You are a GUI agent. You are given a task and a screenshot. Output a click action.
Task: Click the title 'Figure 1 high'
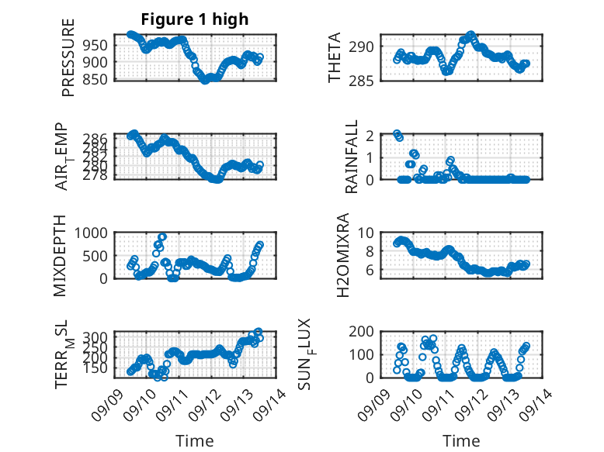[x=195, y=19]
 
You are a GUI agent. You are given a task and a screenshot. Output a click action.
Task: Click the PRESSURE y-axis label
[x=68, y=57]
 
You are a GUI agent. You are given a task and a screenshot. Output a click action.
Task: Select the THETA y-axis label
[x=335, y=57]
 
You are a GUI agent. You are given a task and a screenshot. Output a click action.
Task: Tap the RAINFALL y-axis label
[x=352, y=157]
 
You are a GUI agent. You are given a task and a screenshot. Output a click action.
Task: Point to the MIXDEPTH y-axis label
[x=60, y=256]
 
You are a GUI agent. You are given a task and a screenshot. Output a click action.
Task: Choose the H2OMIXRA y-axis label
[x=342, y=255]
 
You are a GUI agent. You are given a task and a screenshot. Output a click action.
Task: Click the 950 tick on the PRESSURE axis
[x=95, y=46]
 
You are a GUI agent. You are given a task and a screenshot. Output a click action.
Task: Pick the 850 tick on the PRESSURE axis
[x=95, y=79]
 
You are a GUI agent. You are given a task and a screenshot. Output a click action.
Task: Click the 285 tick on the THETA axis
[x=361, y=81]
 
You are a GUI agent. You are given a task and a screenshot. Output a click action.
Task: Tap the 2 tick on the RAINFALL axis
[x=370, y=136]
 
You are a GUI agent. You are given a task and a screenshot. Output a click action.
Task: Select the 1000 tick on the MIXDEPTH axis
[x=91, y=233]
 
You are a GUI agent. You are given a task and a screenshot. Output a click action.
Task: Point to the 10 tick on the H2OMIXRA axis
[x=366, y=233]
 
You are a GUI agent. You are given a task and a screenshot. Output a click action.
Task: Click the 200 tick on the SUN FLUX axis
[x=361, y=331]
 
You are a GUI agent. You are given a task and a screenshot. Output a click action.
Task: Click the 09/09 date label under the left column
[x=107, y=405]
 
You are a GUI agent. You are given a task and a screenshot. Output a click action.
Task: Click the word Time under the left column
[x=195, y=440]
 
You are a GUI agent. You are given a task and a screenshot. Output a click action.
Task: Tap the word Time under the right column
[x=461, y=440]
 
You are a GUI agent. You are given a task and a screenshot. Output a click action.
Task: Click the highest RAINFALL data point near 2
[x=397, y=133]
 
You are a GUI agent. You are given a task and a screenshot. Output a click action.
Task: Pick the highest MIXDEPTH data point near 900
[x=162, y=236]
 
